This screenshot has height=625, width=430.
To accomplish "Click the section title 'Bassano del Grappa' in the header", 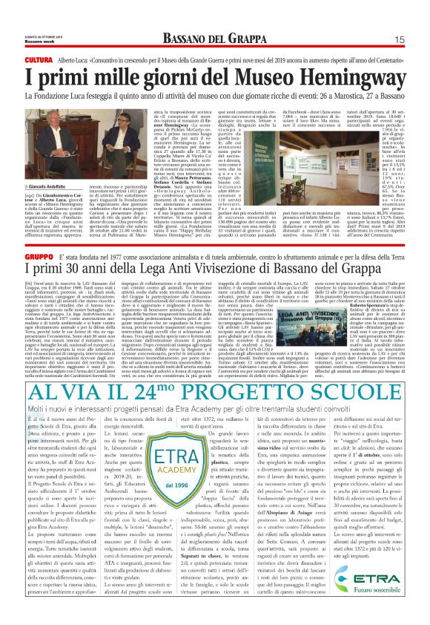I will pos(216,39).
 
